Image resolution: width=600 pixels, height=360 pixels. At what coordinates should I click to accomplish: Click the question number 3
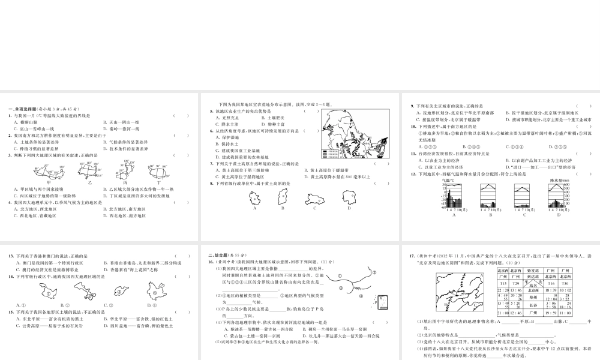click(10, 155)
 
